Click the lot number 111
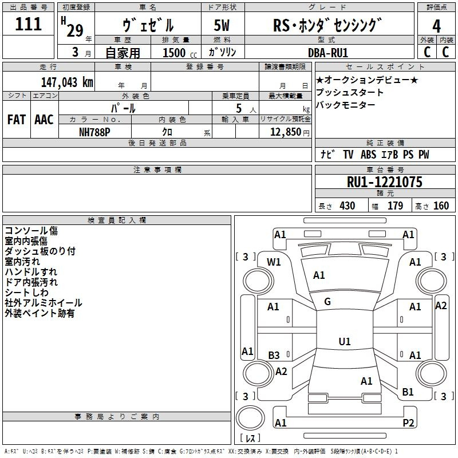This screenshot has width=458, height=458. (28, 25)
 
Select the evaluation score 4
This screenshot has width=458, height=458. (436, 26)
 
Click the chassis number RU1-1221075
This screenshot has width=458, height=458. (385, 182)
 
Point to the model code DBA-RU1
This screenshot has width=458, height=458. (327, 53)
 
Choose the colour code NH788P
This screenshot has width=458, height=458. (95, 132)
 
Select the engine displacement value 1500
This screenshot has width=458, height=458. (173, 53)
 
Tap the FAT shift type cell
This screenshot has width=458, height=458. (16, 120)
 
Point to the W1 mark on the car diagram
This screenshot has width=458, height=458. (274, 262)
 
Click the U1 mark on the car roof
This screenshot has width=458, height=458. (344, 341)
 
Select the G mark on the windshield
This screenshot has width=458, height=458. (327, 302)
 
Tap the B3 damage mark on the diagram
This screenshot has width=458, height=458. (274, 356)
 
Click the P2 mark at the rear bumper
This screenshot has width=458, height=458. (408, 423)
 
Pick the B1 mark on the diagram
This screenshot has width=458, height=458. (408, 392)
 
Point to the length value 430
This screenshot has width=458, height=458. (346, 206)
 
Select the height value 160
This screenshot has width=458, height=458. (441, 206)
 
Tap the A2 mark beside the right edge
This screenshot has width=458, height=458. (441, 306)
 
